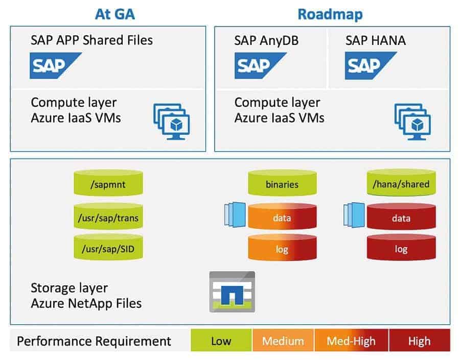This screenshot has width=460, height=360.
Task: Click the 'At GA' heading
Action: click(114, 13)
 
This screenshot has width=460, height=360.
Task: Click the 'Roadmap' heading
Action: click(330, 13)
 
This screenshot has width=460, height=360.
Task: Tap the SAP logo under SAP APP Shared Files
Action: click(55, 65)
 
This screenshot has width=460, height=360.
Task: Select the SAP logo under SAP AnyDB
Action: click(260, 65)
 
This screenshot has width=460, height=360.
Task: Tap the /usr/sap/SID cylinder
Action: click(108, 249)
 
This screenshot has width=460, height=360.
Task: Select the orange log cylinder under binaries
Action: click(282, 249)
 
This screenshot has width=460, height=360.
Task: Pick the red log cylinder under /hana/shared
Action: click(401, 249)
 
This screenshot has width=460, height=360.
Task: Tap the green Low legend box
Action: click(221, 341)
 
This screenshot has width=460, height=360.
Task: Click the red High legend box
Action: click(419, 341)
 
